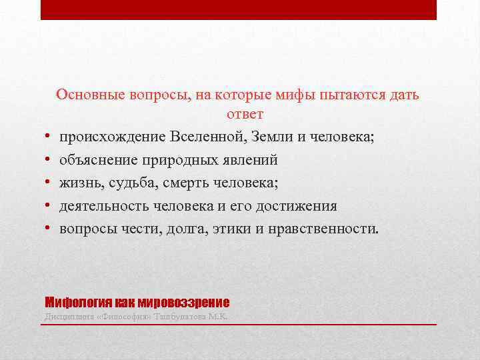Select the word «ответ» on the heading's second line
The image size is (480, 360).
coord(245,114)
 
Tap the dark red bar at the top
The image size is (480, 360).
coord(239,9)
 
